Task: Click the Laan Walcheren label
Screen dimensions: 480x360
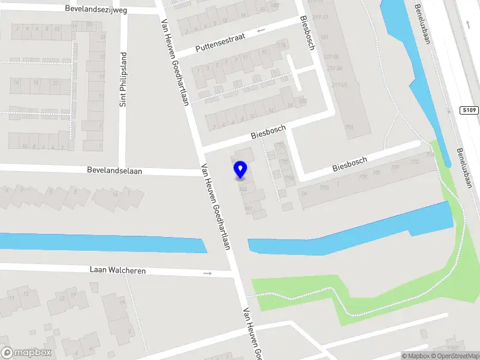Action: (x=118, y=271)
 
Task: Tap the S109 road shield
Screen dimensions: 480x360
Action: (x=470, y=110)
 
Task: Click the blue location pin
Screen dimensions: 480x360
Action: (x=240, y=170)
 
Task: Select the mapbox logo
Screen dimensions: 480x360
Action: (x=26, y=353)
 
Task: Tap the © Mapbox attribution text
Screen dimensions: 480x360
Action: (x=416, y=356)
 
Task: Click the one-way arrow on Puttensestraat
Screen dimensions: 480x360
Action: (x=260, y=30)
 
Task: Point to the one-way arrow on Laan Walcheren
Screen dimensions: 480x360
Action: (x=208, y=274)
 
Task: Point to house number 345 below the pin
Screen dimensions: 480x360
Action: (x=243, y=189)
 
